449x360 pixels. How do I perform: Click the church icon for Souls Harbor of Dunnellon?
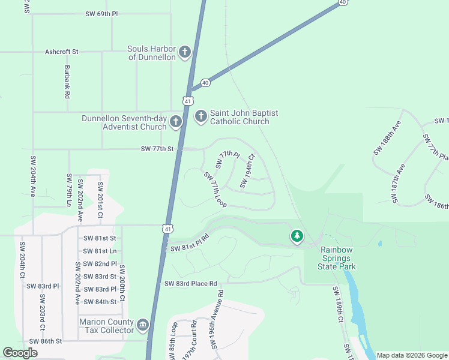click(x=184, y=52)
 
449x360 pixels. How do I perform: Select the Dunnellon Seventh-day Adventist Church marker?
click(x=176, y=122)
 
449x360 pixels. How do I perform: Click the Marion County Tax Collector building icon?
click(x=142, y=326)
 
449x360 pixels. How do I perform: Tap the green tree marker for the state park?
click(x=297, y=236)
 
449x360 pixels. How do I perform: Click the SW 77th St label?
click(x=157, y=148)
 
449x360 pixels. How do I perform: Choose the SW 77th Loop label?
click(x=214, y=190)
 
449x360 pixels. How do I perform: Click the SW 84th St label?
click(x=100, y=302)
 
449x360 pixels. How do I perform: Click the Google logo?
click(x=20, y=353)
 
